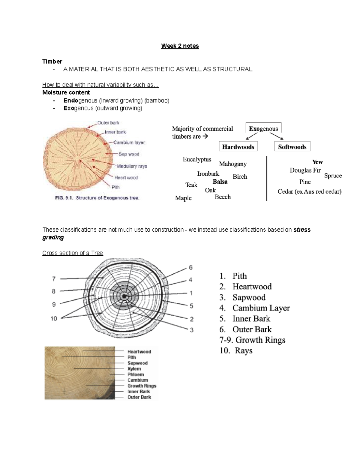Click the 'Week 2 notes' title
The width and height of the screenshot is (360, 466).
[x=180, y=46]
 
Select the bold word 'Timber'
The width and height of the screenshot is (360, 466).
[x=52, y=62]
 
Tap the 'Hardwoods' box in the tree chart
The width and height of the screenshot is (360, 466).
[x=238, y=147]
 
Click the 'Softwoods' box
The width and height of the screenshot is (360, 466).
[x=292, y=147]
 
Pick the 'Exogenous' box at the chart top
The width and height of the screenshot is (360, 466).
[x=263, y=129]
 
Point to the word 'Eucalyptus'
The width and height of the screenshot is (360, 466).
[x=197, y=160]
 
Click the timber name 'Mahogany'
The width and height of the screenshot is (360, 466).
[x=232, y=164]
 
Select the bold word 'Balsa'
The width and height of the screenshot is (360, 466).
[x=220, y=182]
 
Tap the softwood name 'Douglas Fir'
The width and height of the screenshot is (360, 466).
[x=305, y=170]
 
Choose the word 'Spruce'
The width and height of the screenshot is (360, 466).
[x=333, y=176]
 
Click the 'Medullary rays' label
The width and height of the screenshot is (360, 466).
[x=132, y=166]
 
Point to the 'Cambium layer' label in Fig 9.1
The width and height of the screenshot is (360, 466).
[x=129, y=143]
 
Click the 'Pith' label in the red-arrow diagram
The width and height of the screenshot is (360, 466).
[x=115, y=187]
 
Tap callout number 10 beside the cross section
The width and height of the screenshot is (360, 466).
[x=54, y=318]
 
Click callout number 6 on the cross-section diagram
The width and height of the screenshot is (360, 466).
[x=190, y=267]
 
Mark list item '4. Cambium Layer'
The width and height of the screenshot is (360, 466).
[x=254, y=308]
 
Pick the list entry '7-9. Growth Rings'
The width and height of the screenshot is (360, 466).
[x=252, y=340]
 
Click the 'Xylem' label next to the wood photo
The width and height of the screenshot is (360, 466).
[x=134, y=369]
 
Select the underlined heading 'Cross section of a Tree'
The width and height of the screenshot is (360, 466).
[x=73, y=253]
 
